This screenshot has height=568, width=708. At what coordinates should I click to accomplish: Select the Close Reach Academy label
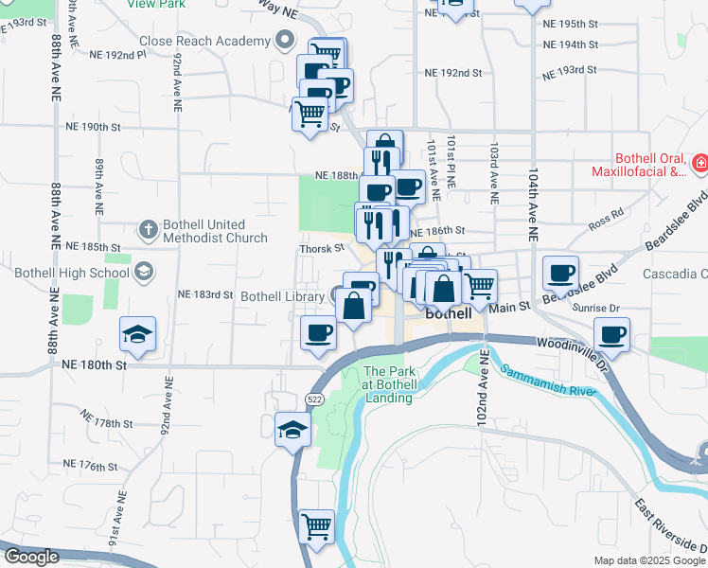204,41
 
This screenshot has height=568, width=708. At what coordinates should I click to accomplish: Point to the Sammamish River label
543,383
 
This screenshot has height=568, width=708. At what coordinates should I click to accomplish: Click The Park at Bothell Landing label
388,384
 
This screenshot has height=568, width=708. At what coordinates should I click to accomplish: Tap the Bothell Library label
282,296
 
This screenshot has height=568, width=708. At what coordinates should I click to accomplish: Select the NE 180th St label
95,364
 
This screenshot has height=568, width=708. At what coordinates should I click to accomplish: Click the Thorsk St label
322,248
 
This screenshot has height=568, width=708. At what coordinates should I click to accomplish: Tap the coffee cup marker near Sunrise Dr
611,334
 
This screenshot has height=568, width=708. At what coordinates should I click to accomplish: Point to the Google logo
31,557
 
